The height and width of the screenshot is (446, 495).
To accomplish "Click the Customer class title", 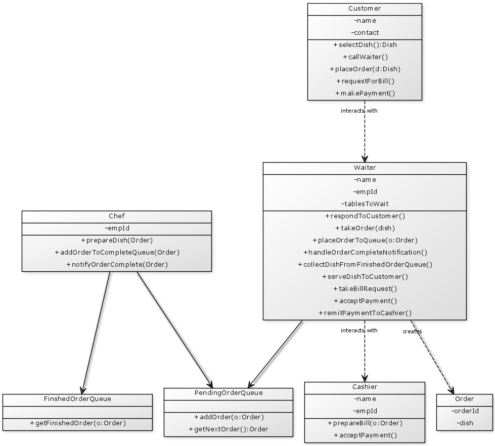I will coord(365,9).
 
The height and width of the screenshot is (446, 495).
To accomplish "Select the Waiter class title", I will coord(365,168).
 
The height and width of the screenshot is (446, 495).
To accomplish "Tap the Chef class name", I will coord(117,216).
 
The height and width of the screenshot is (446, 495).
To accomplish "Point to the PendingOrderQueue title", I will coord(229,393).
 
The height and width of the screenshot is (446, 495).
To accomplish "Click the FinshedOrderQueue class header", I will coord(77,399).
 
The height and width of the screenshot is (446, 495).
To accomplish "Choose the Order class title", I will coord(465,399).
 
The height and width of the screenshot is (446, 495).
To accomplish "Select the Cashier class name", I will coord(365,387).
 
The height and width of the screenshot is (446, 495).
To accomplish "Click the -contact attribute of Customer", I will coord(365,33).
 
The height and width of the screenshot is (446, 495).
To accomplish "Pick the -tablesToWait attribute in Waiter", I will coord(365,204).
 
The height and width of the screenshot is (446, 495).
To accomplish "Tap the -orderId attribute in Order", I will coord(465,411).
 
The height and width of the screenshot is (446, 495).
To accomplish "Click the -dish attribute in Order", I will coord(465,423).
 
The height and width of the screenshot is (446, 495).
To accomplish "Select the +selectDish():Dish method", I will coord(365,45).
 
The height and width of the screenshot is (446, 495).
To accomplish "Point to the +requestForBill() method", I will coord(365,81).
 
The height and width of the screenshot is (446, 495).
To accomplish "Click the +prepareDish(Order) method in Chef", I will coord(117,240).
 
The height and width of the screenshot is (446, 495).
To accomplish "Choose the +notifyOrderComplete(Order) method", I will coord(117,265).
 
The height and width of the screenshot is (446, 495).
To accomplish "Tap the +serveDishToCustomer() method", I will coord(365,277).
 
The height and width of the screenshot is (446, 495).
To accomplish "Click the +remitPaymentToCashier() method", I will coord(365,313).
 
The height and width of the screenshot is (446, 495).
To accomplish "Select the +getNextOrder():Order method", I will coord(229,429).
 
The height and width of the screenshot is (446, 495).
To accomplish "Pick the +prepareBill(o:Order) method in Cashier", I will coord(365,423).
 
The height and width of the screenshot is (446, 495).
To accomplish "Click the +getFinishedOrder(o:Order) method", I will coord(77,423).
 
